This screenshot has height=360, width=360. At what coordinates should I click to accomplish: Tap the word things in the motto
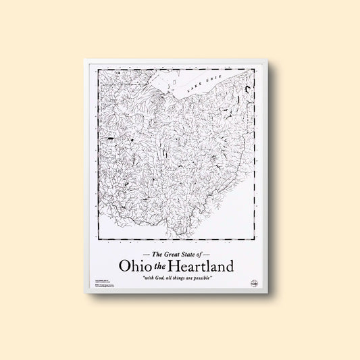[180, 278]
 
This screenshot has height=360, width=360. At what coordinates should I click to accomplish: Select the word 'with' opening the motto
[143, 278]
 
